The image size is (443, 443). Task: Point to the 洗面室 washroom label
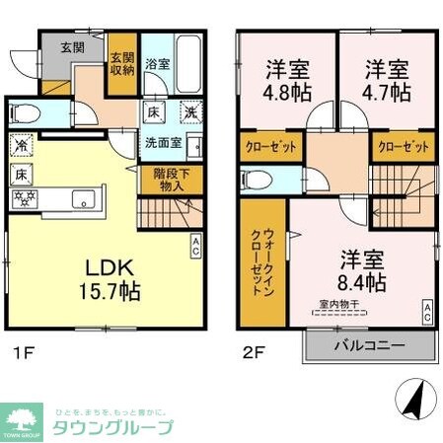[x=163, y=141]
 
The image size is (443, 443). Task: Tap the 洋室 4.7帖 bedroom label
[x=387, y=82]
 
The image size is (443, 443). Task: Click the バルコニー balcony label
[x=367, y=346]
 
